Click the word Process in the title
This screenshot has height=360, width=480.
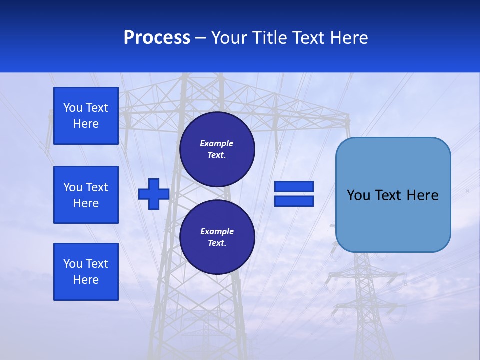tap(157, 38)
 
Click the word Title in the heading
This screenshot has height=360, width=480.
tap(268, 38)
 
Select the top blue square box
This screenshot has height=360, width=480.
tap(86, 116)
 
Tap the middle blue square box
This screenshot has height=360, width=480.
tap(86, 195)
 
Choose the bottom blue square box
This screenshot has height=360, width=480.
tap(86, 272)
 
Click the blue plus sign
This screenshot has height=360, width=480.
tap(153, 194)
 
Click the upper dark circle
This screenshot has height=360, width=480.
tap(217, 149)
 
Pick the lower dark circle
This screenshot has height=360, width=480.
tap(217, 237)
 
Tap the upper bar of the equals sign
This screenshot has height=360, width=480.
tap(294, 186)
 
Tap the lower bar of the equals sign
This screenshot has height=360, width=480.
tap(294, 201)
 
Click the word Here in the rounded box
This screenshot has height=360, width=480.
tap(423, 195)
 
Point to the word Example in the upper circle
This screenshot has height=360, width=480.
tap(217, 143)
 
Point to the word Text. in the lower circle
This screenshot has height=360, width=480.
tap(217, 243)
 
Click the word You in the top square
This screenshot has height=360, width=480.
tap(73, 108)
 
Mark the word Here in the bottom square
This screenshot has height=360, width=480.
tap(86, 280)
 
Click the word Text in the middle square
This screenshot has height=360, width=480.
tap(97, 187)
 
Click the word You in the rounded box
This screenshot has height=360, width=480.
tap(358, 195)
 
